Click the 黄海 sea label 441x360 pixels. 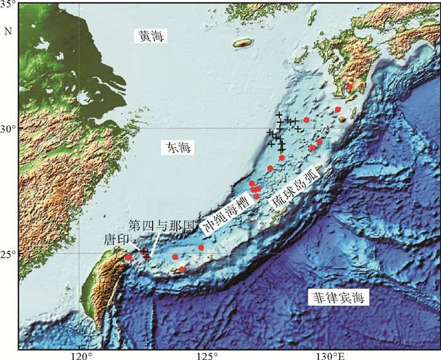click(151, 37)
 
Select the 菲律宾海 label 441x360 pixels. click(339, 298)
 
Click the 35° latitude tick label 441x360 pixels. click(8, 7)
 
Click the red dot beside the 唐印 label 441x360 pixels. click(129, 257)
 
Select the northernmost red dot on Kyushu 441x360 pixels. click(350, 87)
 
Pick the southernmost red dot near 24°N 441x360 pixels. click(182, 269)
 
